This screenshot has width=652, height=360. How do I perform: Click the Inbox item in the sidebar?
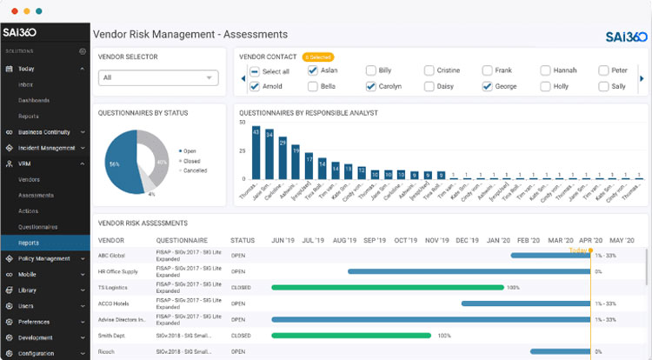(26, 84)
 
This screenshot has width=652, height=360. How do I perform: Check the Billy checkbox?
(371, 70)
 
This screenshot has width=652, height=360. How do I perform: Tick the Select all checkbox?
(254, 71)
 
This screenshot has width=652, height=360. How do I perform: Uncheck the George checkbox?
(488, 87)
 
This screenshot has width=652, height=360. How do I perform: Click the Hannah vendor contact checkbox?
(545, 70)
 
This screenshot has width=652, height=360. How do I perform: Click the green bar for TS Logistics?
(387, 287)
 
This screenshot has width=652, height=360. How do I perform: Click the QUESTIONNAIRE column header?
(182, 240)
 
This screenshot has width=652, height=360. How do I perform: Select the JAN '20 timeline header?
(499, 240)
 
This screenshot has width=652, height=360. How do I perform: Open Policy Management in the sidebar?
(43, 258)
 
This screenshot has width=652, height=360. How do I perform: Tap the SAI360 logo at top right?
(626, 37)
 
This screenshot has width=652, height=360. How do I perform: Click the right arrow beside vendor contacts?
(642, 78)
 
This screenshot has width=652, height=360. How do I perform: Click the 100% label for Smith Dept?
(444, 335)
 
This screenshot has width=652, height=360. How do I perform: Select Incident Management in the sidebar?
(44, 148)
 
